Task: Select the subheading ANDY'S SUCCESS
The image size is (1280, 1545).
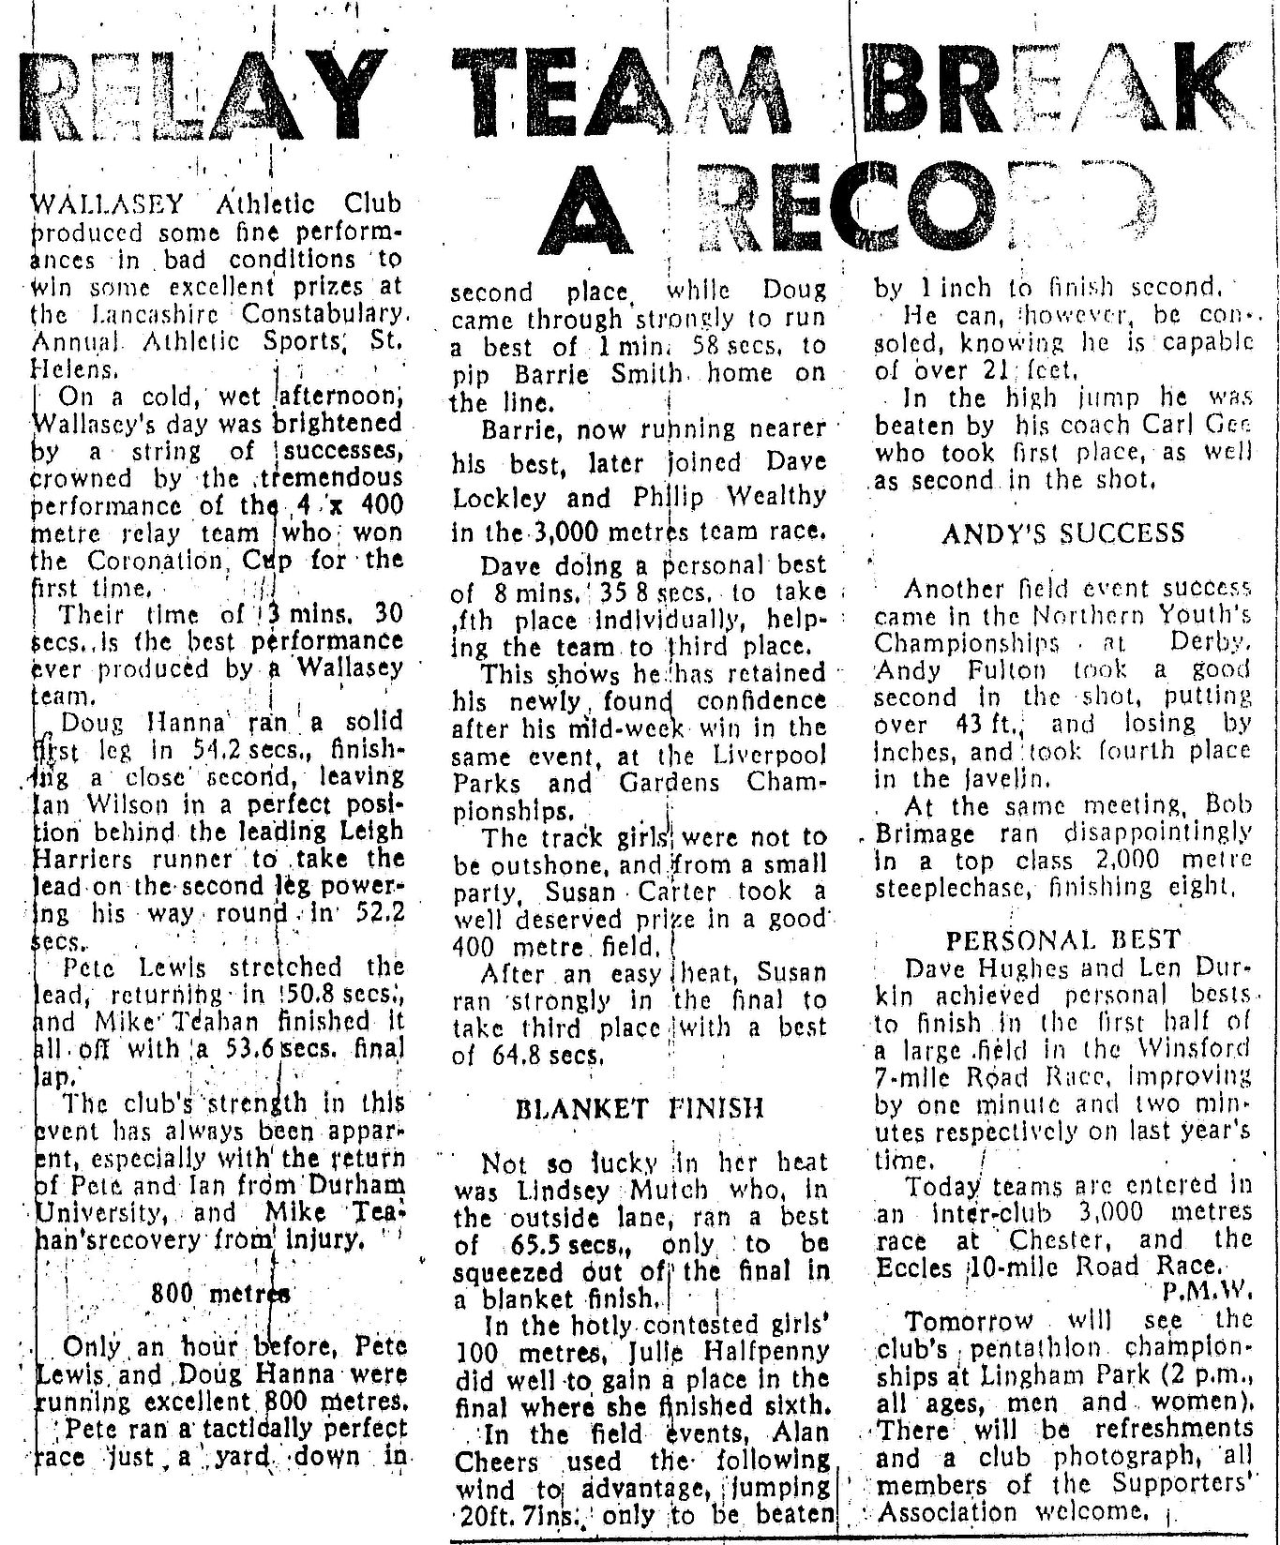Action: click(1063, 534)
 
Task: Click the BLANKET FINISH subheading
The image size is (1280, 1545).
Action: click(640, 1109)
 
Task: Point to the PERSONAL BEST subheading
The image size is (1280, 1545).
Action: click(1063, 940)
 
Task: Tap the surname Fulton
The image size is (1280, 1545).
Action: click(1004, 669)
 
